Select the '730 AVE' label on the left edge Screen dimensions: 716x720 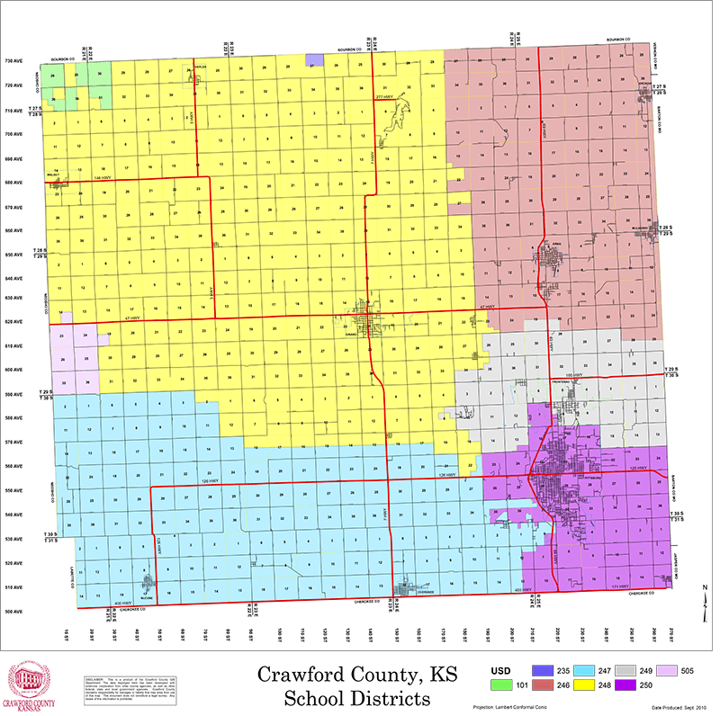pyautogui.click(x=16, y=61)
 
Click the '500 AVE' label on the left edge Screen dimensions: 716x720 pyautogui.click(x=16, y=612)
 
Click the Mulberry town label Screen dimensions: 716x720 pyautogui.click(x=640, y=229)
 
